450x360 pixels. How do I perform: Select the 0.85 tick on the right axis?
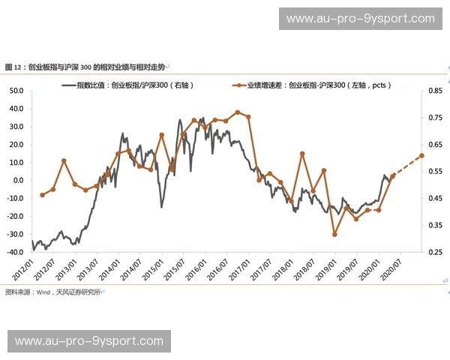click(x=435, y=91)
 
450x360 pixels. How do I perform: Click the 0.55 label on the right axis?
click(x=435, y=171)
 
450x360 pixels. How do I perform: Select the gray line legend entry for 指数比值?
click(x=135, y=85)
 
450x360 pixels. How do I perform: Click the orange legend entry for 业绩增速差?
click(x=315, y=85)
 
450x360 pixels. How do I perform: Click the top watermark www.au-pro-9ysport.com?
click(x=360, y=19)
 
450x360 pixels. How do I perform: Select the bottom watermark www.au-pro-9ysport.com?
click(x=89, y=341)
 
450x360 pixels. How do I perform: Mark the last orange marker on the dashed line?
click(x=421, y=155)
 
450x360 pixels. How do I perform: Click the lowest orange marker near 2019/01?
click(x=334, y=235)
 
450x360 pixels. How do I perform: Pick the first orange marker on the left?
click(x=42, y=195)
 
